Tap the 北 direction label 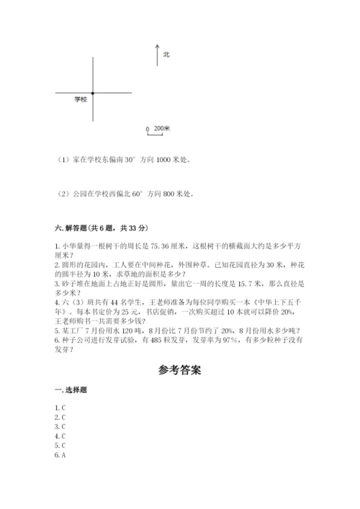coord(166,54)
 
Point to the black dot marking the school coord(94,93)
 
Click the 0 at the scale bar coord(148,130)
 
